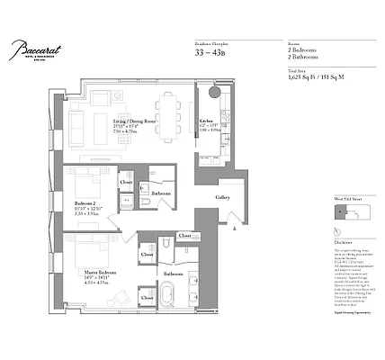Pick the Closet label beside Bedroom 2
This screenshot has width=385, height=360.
pos(126,183)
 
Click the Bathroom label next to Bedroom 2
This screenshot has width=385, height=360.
pos(162,193)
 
